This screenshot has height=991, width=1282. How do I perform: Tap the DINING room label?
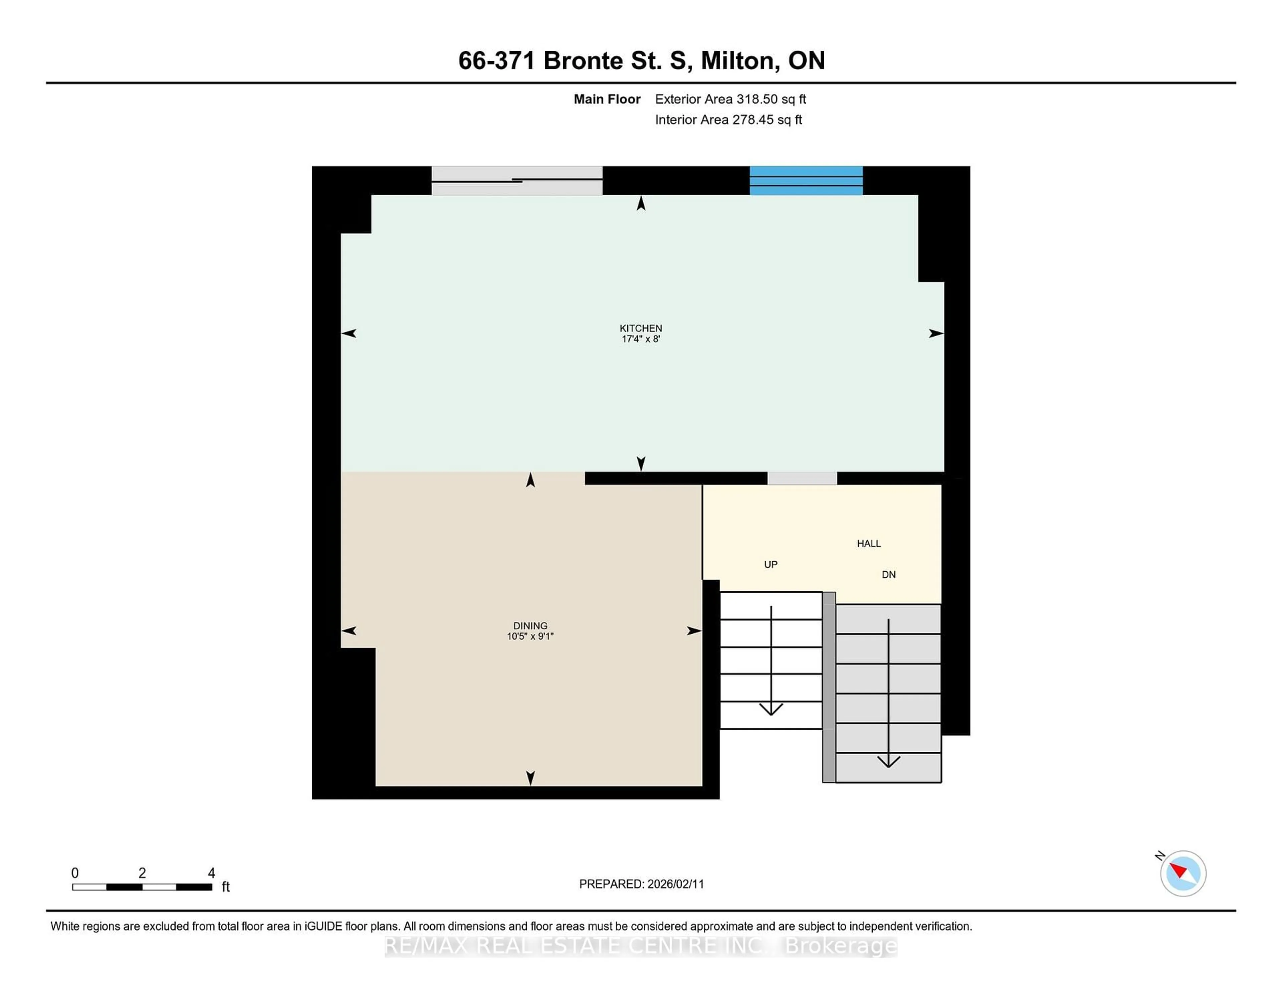[x=530, y=626]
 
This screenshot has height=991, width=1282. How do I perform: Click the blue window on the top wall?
[x=806, y=181]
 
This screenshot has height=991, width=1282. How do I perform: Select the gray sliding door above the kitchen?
[x=516, y=181]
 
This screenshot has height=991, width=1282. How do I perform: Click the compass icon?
[x=1183, y=873]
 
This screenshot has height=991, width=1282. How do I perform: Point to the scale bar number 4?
[x=211, y=873]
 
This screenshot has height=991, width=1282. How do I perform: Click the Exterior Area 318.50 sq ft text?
[x=730, y=99]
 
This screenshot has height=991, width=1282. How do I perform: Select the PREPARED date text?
[x=641, y=884]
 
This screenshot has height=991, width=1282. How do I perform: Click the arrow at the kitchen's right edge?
[x=936, y=334]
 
